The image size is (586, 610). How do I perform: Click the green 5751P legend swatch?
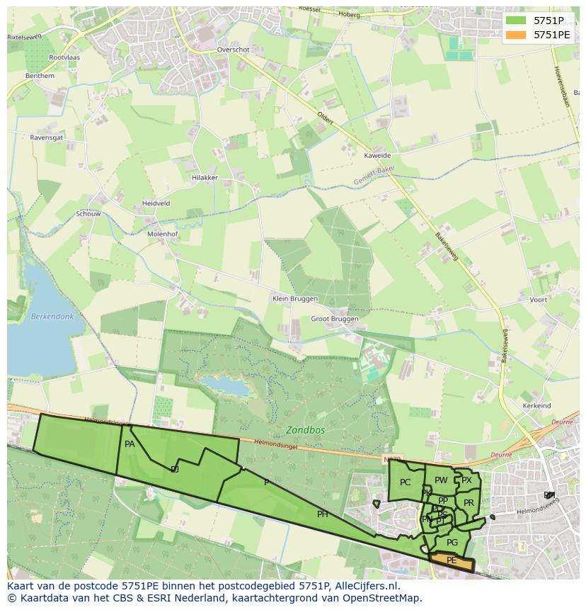pyautogui.click(x=517, y=21)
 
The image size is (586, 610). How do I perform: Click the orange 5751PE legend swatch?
pyautogui.click(x=517, y=34)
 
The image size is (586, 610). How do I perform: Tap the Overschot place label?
pyautogui.click(x=234, y=50)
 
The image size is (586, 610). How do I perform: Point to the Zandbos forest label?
pyautogui.click(x=305, y=429)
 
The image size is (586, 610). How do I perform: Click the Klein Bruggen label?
pyautogui.click(x=295, y=299)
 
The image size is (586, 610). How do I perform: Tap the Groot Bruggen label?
pyautogui.click(x=335, y=319)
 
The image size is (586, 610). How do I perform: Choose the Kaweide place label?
pyautogui.click(x=377, y=156)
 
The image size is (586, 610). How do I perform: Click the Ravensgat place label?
pyautogui.click(x=47, y=137)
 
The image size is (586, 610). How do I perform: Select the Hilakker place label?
pyautogui.click(x=205, y=178)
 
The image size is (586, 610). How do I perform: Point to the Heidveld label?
pyautogui.click(x=156, y=203)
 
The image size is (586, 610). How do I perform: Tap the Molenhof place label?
pyautogui.click(x=162, y=233)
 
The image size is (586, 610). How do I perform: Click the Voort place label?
pyautogui.click(x=538, y=300)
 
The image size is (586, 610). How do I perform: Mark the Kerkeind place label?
pyautogui.click(x=536, y=406)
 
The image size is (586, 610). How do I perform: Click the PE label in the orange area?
pyautogui.click(x=452, y=560)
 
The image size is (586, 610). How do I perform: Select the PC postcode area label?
pyautogui.click(x=405, y=482)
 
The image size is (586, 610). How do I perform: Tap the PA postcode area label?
pyautogui.click(x=130, y=444)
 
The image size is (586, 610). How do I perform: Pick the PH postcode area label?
pyautogui.click(x=323, y=514)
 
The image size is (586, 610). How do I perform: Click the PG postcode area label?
pyautogui.click(x=452, y=543)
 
